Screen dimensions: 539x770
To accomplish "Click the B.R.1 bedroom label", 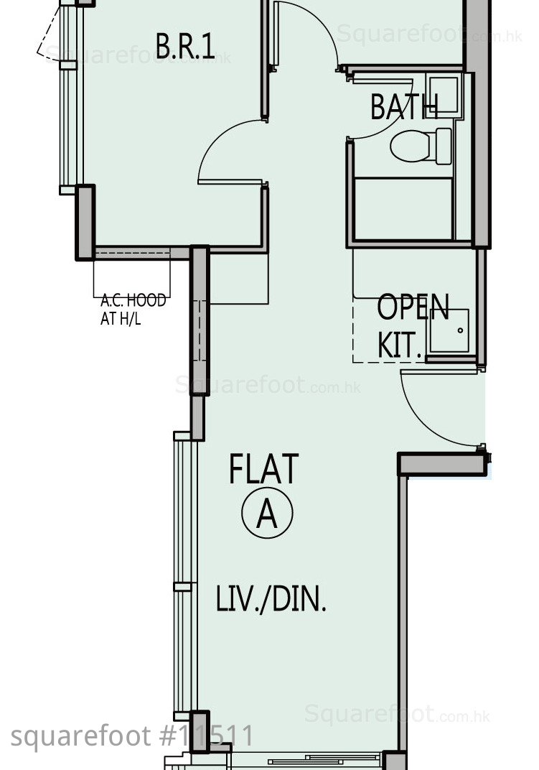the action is pyautogui.click(x=185, y=46).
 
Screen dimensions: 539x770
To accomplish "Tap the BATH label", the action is pyautogui.click(x=404, y=106).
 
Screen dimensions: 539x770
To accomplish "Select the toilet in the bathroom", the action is pyautogui.click(x=421, y=146).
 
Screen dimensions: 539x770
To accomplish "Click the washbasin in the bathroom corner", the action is pyautogui.click(x=444, y=96).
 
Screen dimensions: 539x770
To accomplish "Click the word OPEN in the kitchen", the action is pyautogui.click(x=413, y=307).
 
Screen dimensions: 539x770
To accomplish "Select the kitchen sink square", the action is pyautogui.click(x=449, y=330).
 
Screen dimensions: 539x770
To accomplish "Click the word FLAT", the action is pyautogui.click(x=263, y=469).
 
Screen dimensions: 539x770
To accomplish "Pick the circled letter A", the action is pyautogui.click(x=267, y=512).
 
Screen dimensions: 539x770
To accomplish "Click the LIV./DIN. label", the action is pyautogui.click(x=271, y=599).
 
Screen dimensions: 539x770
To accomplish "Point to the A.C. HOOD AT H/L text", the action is pyautogui.click(x=133, y=309).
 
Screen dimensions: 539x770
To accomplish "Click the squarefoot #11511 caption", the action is pyautogui.click(x=131, y=736).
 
